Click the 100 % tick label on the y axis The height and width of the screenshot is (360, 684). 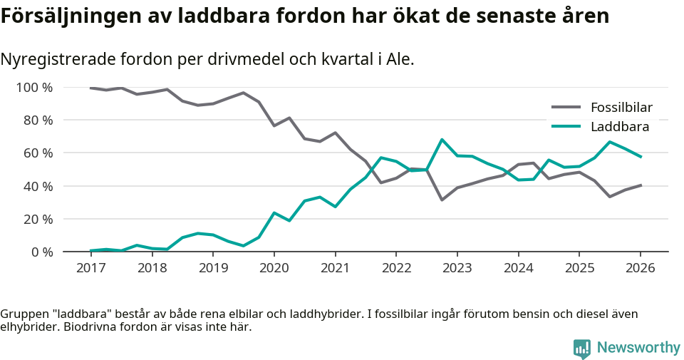34,88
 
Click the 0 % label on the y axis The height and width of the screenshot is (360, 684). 41,252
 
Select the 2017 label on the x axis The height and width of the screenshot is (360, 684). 90,268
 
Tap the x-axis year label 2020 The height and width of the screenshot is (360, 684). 274,268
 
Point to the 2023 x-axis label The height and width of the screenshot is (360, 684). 457,268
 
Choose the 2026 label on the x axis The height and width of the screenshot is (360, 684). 640,268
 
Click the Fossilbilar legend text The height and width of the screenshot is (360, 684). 621,108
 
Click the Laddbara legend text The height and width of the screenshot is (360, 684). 620,127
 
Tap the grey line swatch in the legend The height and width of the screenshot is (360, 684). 566,108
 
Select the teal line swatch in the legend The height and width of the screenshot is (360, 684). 566,127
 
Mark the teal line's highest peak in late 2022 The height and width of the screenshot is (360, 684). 442,140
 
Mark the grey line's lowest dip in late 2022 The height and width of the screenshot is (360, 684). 442,200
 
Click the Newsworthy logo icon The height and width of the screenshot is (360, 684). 581,348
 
